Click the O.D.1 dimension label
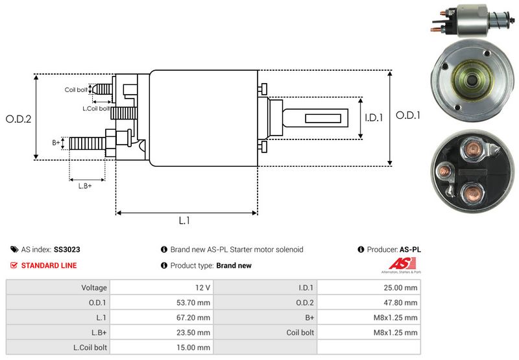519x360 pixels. click(x=409, y=115)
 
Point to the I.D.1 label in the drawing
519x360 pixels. click(x=374, y=118)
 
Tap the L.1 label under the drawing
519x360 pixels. click(x=185, y=221)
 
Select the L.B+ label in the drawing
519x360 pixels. click(x=85, y=186)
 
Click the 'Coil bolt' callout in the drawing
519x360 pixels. click(x=75, y=90)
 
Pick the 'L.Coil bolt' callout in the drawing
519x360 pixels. click(x=95, y=108)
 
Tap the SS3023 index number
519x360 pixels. click(x=67, y=249)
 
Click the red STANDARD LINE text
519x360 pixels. click(x=49, y=265)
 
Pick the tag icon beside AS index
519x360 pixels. click(x=14, y=249)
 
